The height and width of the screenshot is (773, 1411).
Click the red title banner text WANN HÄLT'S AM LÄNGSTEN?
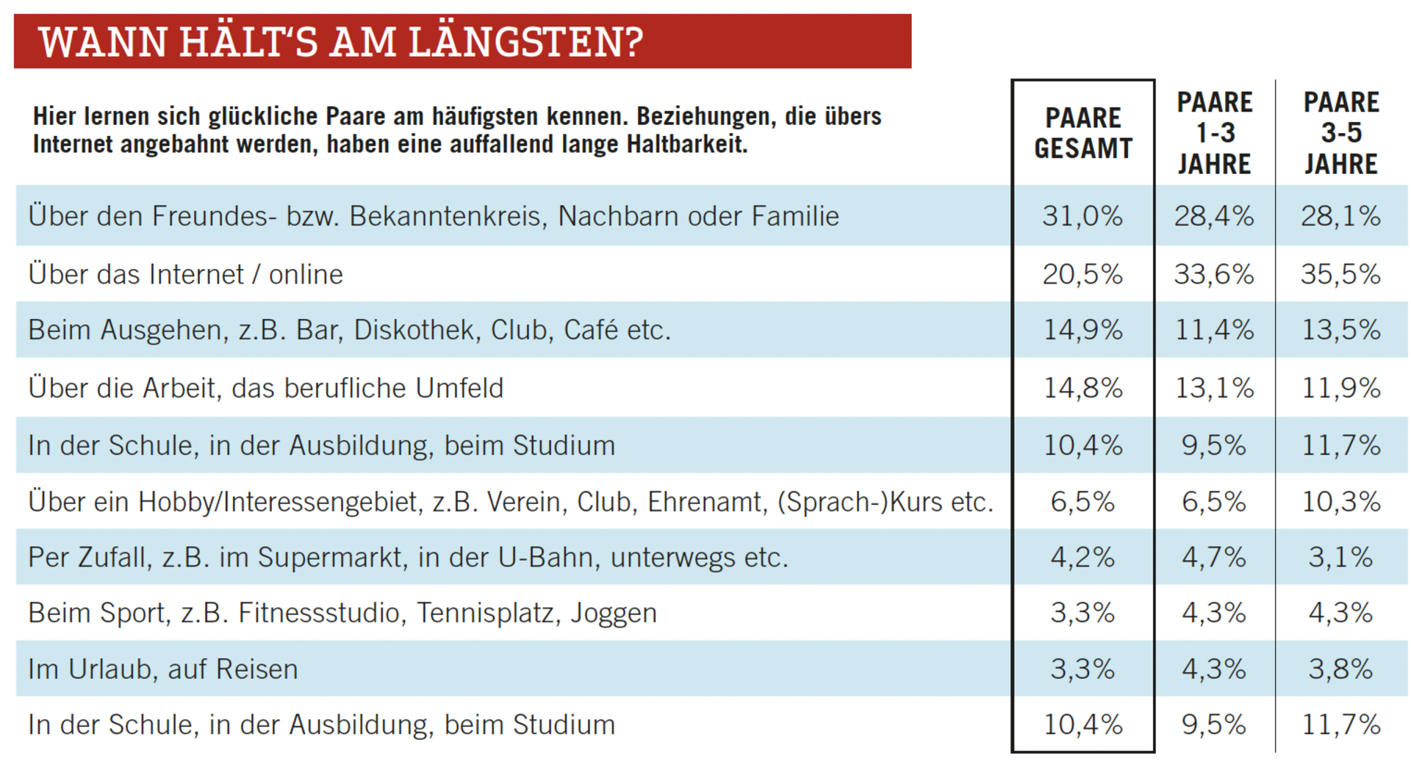(341, 42)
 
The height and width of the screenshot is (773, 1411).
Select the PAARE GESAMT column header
(1083, 133)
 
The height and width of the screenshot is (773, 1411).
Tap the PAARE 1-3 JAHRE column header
(1214, 133)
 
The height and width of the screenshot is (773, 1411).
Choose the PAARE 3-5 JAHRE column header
(1341, 133)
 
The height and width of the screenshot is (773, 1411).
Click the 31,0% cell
(1083, 216)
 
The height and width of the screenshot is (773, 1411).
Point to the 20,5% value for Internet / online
(1083, 274)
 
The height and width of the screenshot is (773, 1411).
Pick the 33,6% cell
(1214, 274)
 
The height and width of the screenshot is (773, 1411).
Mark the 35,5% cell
(1341, 274)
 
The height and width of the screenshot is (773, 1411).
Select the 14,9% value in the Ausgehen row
(1083, 330)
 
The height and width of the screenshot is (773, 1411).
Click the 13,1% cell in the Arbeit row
(1214, 388)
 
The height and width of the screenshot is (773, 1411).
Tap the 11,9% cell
(1341, 388)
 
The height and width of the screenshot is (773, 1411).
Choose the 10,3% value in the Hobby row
(1341, 502)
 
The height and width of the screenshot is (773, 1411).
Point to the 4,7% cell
(1214, 557)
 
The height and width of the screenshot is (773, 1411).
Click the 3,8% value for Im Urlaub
(1341, 669)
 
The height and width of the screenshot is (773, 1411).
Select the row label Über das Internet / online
(185, 274)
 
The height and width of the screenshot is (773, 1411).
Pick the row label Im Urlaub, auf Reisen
(163, 669)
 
